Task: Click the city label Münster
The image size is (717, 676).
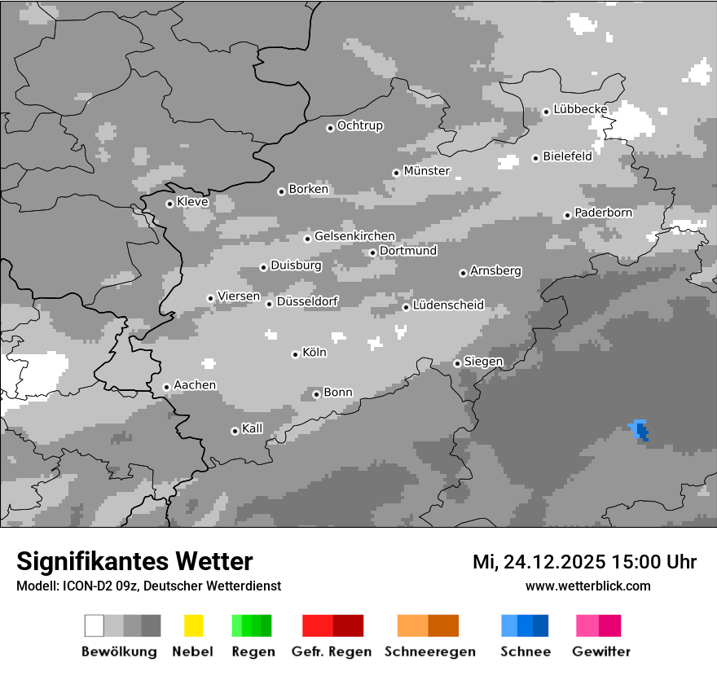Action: point(427,171)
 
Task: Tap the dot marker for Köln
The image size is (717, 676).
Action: point(295,354)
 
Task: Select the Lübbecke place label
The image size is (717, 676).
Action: point(580,109)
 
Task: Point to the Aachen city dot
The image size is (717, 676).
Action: point(166,388)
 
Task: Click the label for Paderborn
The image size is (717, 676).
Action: point(603,213)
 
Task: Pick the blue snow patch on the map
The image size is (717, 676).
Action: point(640,429)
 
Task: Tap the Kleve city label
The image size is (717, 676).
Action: point(192,202)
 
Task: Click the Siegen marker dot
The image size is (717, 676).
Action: point(457,363)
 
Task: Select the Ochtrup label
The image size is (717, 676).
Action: point(359,125)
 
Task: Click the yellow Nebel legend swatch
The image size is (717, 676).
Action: point(193,626)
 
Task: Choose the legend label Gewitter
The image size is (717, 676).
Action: point(601,652)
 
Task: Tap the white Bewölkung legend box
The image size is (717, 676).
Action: point(95,626)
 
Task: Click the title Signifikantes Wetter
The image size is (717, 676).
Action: point(134,561)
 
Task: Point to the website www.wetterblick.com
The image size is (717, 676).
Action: point(587,586)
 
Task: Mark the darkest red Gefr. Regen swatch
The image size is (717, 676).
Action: point(348,626)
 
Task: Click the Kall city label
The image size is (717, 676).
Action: point(253,428)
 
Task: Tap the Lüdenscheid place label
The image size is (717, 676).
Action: point(448,305)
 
